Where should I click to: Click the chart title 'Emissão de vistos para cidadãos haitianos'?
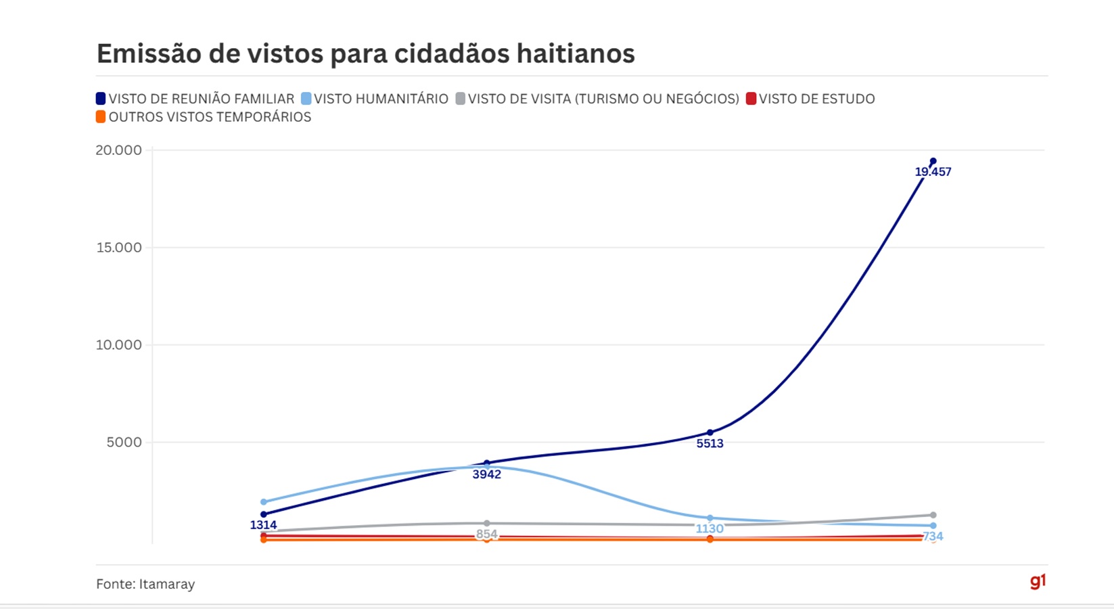(365, 53)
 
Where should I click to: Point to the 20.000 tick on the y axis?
(118, 150)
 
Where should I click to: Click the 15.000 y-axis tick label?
(118, 248)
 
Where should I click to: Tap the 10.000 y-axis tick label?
(118, 345)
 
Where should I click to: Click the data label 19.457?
(933, 172)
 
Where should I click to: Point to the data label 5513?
(710, 444)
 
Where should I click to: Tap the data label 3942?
(486, 474)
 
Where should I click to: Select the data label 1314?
(263, 525)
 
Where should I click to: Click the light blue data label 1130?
(710, 528)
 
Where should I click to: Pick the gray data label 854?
(486, 534)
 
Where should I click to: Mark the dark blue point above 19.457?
(933, 161)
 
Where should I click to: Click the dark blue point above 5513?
(710, 432)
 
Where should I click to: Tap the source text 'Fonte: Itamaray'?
(145, 584)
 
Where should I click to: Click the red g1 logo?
(1038, 581)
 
